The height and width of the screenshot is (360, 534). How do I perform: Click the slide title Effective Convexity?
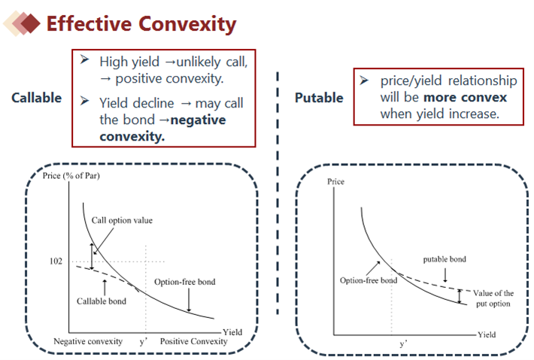click(x=141, y=24)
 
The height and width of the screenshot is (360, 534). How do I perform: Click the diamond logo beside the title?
click(x=22, y=23)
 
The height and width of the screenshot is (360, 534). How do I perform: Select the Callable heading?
click(x=36, y=98)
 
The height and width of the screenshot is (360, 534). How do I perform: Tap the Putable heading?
click(x=319, y=98)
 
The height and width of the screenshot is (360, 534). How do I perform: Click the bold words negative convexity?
click(x=162, y=128)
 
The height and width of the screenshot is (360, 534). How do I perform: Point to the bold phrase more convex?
click(x=466, y=97)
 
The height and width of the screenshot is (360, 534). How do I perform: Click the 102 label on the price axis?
click(x=56, y=261)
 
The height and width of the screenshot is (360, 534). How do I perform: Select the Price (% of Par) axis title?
click(x=71, y=176)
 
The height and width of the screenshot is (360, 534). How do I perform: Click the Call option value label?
click(x=122, y=220)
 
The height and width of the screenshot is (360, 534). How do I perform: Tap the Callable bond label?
click(x=101, y=301)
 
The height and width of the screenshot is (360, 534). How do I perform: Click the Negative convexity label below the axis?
click(x=88, y=341)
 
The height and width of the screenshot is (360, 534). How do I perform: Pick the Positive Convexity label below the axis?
click(x=193, y=341)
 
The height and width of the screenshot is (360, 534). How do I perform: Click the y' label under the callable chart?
click(x=144, y=341)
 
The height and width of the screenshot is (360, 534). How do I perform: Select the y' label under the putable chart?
click(x=403, y=343)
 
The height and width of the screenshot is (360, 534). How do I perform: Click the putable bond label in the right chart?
click(x=444, y=259)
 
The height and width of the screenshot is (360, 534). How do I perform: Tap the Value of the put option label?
click(x=493, y=298)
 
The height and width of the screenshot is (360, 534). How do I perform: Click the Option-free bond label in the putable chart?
click(x=369, y=280)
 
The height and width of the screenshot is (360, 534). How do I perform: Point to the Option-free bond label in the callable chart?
click(x=184, y=282)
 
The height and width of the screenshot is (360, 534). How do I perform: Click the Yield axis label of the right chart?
click(x=487, y=334)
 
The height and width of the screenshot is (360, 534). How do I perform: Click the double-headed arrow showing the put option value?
click(x=459, y=296)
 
